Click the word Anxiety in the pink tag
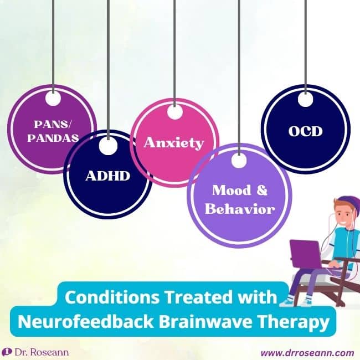[x=173, y=143]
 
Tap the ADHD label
[x=107, y=176]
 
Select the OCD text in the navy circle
[x=305, y=132]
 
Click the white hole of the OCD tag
[x=305, y=100]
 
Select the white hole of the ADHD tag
[x=108, y=146]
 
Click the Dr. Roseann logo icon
[x=7, y=352]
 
